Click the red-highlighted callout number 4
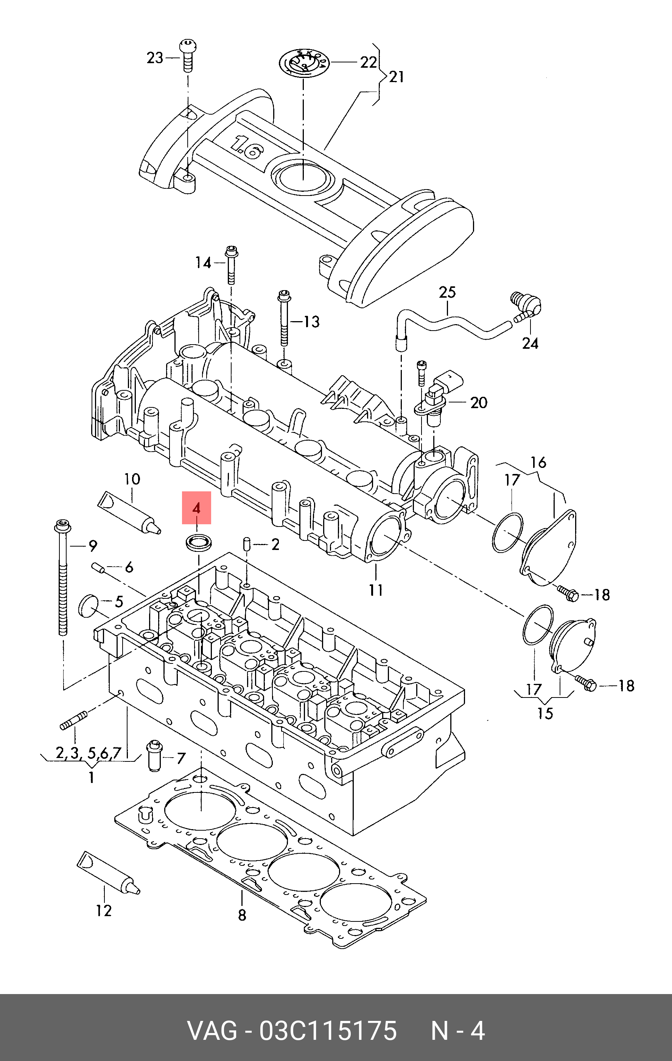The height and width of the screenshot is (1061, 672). click(196, 508)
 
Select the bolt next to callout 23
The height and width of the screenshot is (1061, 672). click(188, 56)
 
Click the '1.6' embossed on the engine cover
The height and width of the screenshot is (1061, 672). click(247, 148)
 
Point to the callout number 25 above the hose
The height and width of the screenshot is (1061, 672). click(447, 292)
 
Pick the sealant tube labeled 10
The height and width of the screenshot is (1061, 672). click(129, 513)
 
